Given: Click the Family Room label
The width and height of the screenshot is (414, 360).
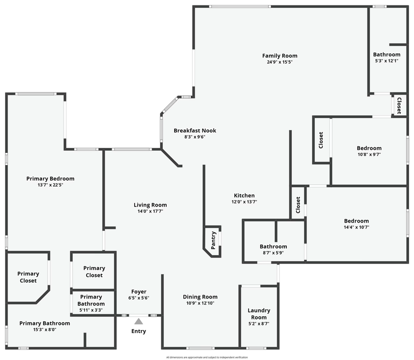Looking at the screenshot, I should (x=279, y=55).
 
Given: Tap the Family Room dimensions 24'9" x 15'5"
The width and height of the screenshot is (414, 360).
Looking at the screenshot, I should (x=279, y=62).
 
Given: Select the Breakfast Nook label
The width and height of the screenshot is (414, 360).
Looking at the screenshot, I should (x=195, y=130).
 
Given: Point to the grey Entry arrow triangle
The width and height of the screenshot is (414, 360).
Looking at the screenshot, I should (x=139, y=321).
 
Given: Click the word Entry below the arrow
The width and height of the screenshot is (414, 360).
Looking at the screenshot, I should (x=139, y=331).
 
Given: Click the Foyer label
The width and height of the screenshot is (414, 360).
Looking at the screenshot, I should (x=139, y=291).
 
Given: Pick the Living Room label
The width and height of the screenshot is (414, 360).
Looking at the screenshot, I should (x=150, y=205).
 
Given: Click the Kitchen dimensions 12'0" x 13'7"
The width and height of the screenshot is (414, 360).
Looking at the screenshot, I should (x=244, y=202).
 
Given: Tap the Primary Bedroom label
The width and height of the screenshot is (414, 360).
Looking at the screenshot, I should (x=50, y=178).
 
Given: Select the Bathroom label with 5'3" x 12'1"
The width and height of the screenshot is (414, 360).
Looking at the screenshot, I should (x=386, y=54).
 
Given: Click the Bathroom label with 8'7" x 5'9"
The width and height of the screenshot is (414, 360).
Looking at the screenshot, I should (x=273, y=246).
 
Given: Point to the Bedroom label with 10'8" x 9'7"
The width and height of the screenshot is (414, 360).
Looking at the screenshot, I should (x=369, y=148).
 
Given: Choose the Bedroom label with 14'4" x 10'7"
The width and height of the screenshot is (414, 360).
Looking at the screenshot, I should (x=356, y=221).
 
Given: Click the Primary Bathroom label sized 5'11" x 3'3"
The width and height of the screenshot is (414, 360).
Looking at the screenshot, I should (x=91, y=300).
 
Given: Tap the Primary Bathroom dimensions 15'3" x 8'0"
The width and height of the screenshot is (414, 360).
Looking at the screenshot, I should (x=44, y=330).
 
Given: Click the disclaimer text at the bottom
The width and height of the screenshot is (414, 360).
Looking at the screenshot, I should (x=207, y=357).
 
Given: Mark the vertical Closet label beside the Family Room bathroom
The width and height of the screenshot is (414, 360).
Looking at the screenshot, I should (x=399, y=105).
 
